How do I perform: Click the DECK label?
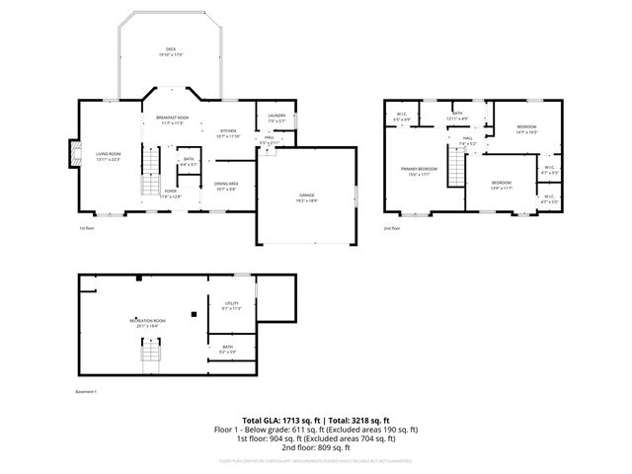(171, 52)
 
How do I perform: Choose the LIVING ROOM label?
(108, 155)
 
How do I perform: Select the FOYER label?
(171, 193)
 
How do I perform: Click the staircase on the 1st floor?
(149, 173)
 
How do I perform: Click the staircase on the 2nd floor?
(457, 173)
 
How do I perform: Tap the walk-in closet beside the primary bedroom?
(402, 117)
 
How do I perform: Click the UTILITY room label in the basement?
(232, 305)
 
